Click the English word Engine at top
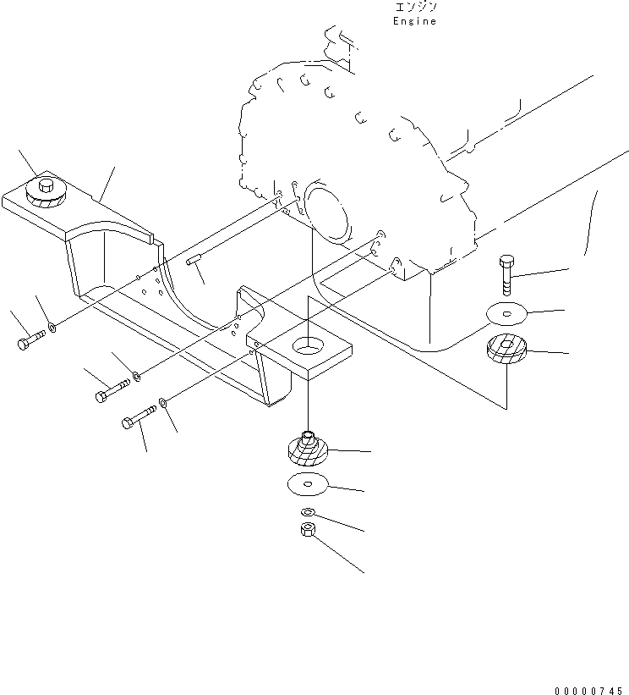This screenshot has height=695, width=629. tap(414, 21)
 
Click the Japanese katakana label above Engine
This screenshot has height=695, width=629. tap(415, 7)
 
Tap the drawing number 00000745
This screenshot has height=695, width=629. tap(588, 691)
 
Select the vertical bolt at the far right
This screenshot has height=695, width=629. tap(506, 275)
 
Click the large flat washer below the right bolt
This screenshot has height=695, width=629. tap(506, 314)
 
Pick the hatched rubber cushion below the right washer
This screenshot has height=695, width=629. tap(506, 350)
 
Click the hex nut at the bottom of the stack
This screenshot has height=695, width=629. tap(307, 529)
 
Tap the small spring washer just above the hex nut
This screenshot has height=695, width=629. tap(307, 512)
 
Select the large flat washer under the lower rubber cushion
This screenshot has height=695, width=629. tap(308, 484)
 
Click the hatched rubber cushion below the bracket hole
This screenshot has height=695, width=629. tap(308, 450)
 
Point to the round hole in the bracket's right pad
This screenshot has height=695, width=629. tap(308, 345)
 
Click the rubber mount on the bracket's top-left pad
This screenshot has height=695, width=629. tap(46, 192)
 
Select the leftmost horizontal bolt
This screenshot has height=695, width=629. tap(31, 340)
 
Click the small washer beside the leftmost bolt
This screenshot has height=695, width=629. tap(52, 328)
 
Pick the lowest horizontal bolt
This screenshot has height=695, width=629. tap(139, 417)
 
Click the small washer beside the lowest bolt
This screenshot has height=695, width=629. tap(162, 402)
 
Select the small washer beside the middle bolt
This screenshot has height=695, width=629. tap(137, 377)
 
